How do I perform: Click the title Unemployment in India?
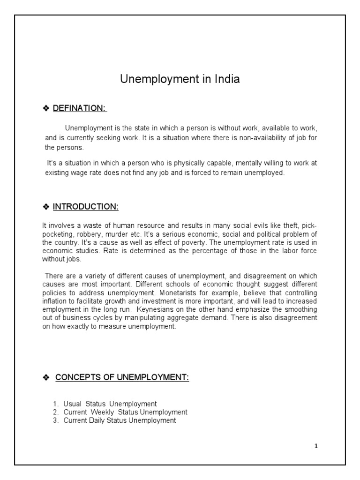coord(180,79)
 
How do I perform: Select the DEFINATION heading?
coord(80,108)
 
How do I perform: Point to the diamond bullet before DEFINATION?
coord(46,109)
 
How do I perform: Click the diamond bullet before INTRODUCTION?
coord(46,207)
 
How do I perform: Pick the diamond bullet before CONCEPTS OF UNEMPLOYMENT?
coord(46,378)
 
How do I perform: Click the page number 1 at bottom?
coord(316,446)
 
